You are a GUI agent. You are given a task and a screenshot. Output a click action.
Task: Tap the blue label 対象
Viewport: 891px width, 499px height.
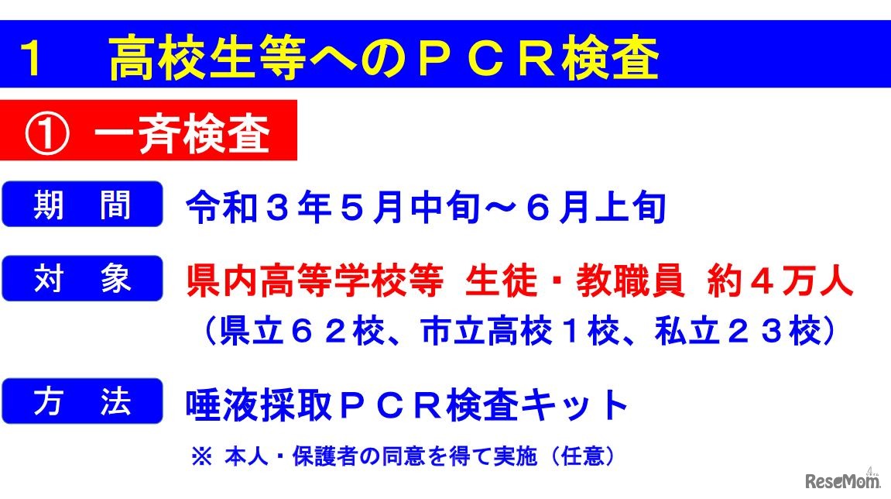pyautogui.click(x=82, y=279)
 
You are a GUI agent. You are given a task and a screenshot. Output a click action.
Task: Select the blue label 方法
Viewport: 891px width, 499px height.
pyautogui.click(x=82, y=401)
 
